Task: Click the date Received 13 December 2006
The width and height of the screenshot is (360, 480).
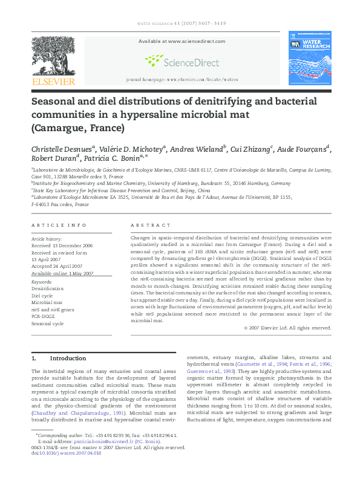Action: click(x=62, y=246)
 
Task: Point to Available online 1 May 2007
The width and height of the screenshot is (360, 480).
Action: click(x=62, y=273)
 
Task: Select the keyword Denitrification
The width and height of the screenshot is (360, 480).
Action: click(x=47, y=289)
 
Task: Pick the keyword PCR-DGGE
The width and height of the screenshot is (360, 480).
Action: click(x=43, y=317)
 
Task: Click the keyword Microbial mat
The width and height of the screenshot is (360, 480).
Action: click(x=45, y=303)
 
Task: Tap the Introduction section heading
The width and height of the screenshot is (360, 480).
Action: click(x=68, y=358)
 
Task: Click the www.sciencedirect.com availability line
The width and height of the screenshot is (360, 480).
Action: click(x=180, y=41)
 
